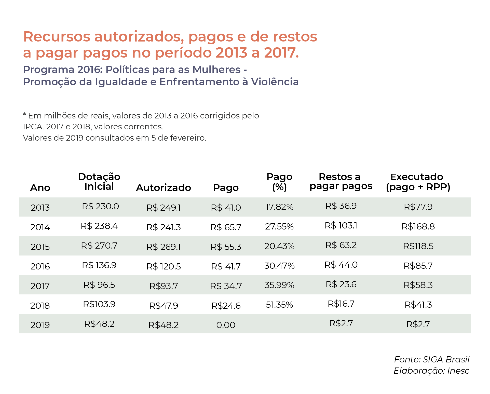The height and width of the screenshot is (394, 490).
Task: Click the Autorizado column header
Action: click(x=164, y=188)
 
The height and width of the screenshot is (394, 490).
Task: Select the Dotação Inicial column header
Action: click(x=99, y=182)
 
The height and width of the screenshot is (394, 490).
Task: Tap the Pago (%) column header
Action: click(x=279, y=182)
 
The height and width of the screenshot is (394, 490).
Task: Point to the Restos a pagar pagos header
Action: click(x=341, y=181)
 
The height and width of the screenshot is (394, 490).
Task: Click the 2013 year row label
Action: click(x=40, y=208)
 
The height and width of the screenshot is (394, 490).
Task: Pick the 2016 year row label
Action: click(x=40, y=266)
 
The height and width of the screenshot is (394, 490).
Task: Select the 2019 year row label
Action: click(x=40, y=325)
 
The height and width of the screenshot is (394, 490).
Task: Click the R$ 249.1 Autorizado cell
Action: click(x=164, y=208)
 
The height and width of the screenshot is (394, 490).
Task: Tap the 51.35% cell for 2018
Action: click(x=279, y=305)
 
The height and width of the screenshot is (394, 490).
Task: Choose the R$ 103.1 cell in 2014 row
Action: click(x=341, y=226)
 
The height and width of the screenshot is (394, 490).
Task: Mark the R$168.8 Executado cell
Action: click(x=418, y=226)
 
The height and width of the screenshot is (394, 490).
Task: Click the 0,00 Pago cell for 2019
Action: click(x=226, y=325)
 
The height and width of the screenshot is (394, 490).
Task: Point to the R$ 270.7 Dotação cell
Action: click(x=99, y=246)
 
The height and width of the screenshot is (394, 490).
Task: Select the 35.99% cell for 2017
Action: click(x=279, y=285)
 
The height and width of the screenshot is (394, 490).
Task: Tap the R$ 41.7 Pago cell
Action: click(x=226, y=266)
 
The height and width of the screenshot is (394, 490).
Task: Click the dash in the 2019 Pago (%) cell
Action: click(x=279, y=325)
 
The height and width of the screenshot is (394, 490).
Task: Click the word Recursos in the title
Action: click(x=57, y=36)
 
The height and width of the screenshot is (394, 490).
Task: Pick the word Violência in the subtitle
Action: click(x=275, y=82)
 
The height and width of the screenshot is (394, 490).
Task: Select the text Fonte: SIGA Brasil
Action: click(x=432, y=359)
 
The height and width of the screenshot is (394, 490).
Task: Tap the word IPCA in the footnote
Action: click(x=33, y=127)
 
